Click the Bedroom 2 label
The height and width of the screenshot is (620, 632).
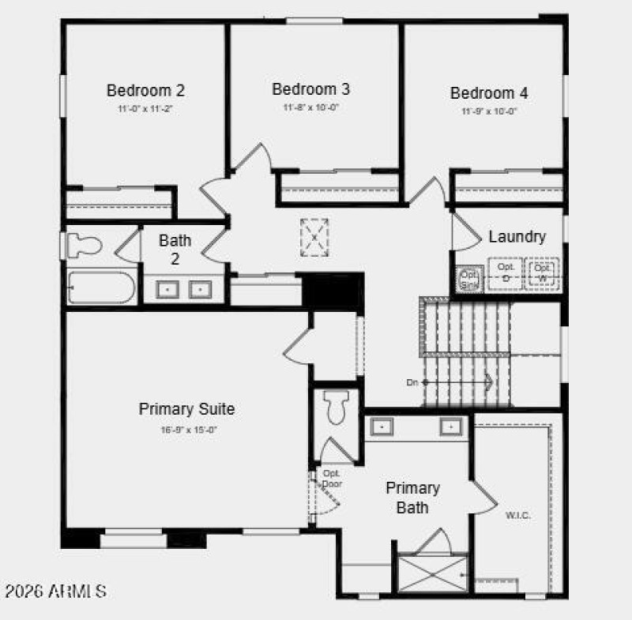(146, 90)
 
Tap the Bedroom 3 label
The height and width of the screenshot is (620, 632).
(311, 89)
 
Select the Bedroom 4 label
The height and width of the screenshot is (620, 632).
(490, 93)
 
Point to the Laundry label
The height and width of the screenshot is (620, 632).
(517, 236)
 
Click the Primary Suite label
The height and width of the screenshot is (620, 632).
(186, 409)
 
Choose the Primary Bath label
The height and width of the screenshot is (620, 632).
(412, 498)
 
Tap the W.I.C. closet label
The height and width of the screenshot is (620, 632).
(517, 515)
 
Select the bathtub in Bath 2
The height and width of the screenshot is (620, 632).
(101, 287)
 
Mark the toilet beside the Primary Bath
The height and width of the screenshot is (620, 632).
(337, 409)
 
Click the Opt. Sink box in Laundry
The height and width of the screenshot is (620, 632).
(469, 278)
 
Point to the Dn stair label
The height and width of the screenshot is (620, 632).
(412, 382)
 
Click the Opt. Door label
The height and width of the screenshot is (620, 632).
(331, 478)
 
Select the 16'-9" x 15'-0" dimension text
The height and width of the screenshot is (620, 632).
(187, 430)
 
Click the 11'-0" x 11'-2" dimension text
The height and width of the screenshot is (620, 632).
(146, 108)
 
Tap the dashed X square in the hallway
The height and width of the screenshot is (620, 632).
(314, 237)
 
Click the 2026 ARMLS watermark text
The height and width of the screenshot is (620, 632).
(56, 591)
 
